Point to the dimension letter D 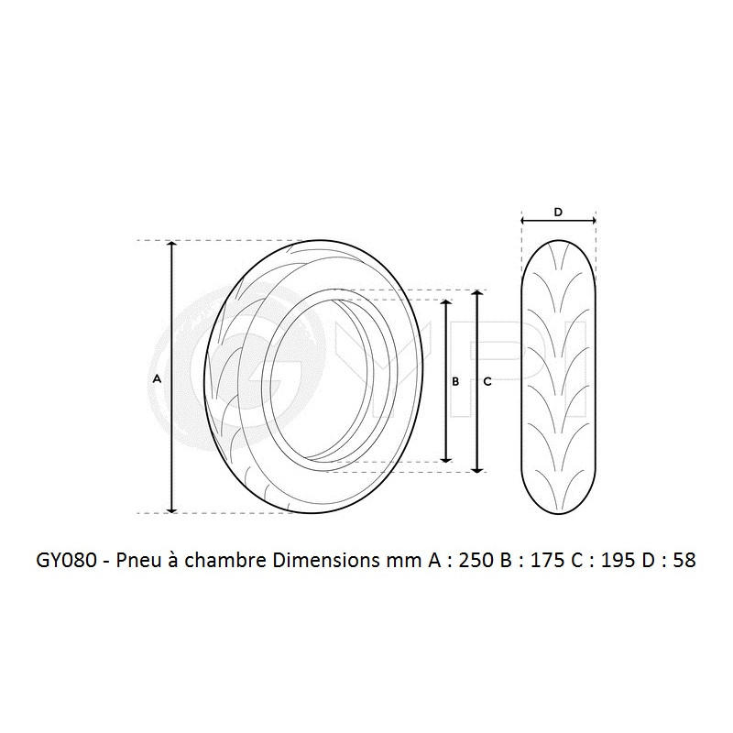point(558,212)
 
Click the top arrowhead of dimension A point(171,246)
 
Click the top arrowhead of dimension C point(476,295)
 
